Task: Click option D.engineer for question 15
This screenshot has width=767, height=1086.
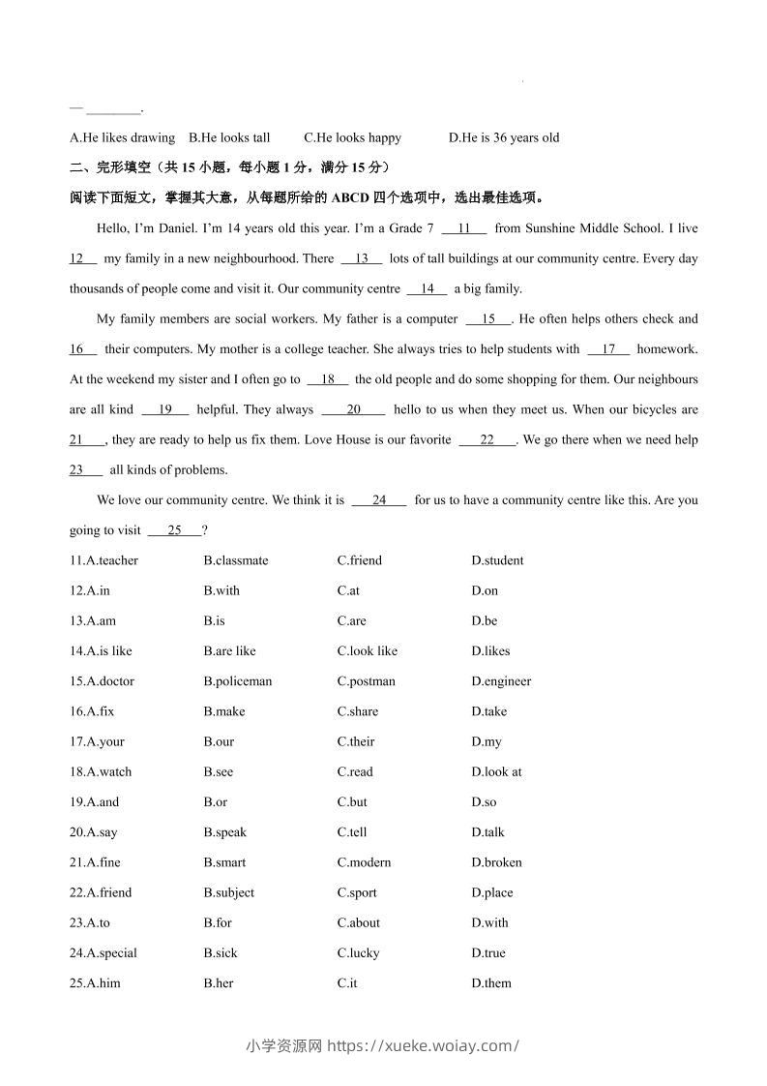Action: click(x=501, y=681)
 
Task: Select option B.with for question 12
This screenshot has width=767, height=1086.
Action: click(x=221, y=590)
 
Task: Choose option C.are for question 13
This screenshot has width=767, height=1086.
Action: click(x=351, y=620)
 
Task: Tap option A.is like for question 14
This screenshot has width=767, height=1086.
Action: click(x=101, y=651)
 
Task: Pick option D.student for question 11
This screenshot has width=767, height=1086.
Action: click(x=497, y=560)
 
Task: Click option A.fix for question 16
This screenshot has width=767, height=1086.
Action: click(x=92, y=711)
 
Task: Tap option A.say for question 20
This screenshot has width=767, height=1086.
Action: click(x=94, y=832)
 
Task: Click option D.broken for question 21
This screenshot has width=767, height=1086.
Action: click(x=496, y=862)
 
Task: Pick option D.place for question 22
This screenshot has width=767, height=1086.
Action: click(x=492, y=892)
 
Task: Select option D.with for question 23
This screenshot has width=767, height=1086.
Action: click(x=489, y=923)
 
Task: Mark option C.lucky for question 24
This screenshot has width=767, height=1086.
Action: click(x=358, y=953)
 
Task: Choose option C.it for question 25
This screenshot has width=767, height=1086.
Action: click(x=347, y=983)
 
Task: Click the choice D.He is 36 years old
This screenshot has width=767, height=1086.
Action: click(x=504, y=137)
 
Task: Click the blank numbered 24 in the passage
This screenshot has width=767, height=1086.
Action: click(x=378, y=500)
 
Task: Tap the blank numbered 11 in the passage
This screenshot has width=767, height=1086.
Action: click(x=464, y=228)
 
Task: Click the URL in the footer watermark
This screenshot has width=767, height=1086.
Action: click(x=424, y=1045)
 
